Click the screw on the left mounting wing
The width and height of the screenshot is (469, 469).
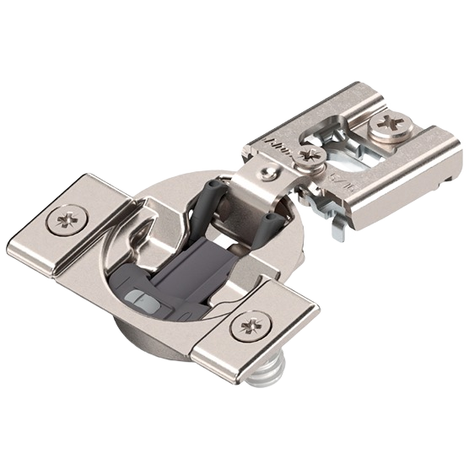[65, 221]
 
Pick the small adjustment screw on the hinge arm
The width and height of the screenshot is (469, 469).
[310, 154]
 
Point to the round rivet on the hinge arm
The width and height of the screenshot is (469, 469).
[267, 172]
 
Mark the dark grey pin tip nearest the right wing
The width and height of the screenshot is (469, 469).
[271, 220]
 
